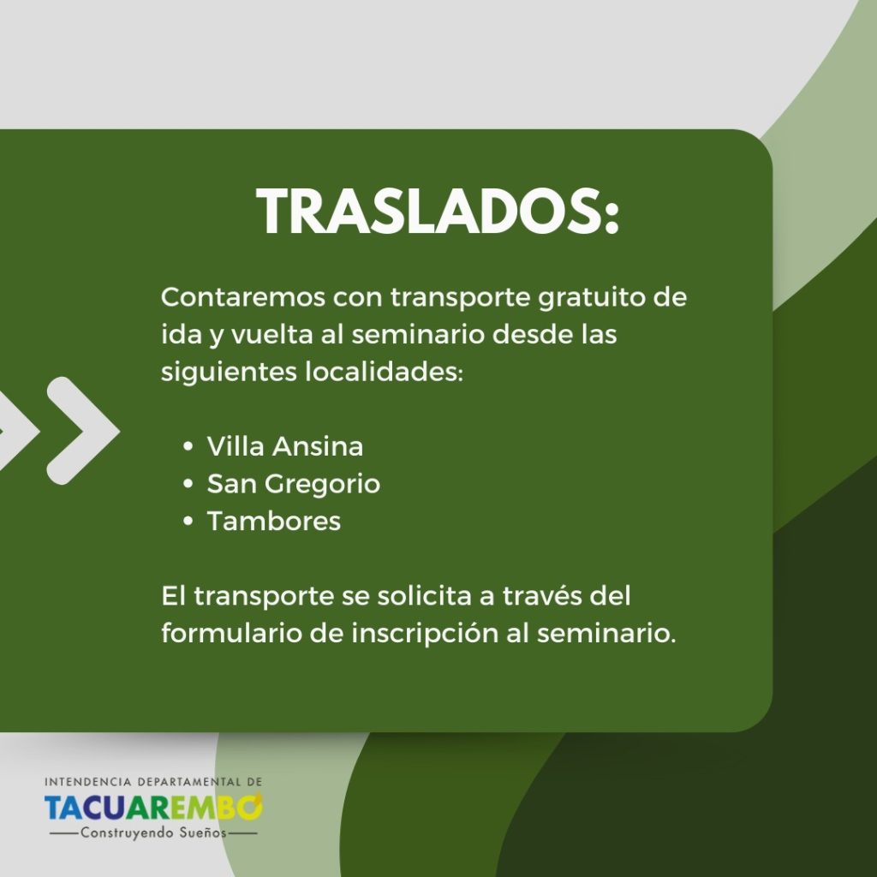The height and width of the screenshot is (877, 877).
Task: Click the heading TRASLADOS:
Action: click(438, 212)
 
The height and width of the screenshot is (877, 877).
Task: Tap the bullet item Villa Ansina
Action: click(284, 446)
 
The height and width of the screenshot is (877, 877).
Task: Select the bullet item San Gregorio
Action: click(294, 485)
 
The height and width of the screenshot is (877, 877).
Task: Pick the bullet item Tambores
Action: click(274, 522)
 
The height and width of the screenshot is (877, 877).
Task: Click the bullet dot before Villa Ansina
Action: click(188, 446)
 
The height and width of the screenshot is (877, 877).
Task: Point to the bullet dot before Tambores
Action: click(188, 522)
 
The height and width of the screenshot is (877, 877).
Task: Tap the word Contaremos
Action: click(243, 297)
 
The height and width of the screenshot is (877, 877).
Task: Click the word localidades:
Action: click(385, 372)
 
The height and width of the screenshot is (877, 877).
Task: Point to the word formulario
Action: click(231, 633)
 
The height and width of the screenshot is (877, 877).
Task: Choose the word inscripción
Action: click(425, 635)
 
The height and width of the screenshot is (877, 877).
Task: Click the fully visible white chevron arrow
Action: click(84, 431)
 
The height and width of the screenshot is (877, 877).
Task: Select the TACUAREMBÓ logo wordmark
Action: click(153, 807)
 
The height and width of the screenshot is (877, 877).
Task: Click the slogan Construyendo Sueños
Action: click(153, 832)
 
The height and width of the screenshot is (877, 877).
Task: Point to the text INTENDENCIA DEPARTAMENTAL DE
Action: click(153, 781)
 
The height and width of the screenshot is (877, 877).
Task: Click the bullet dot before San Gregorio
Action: click(188, 484)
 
